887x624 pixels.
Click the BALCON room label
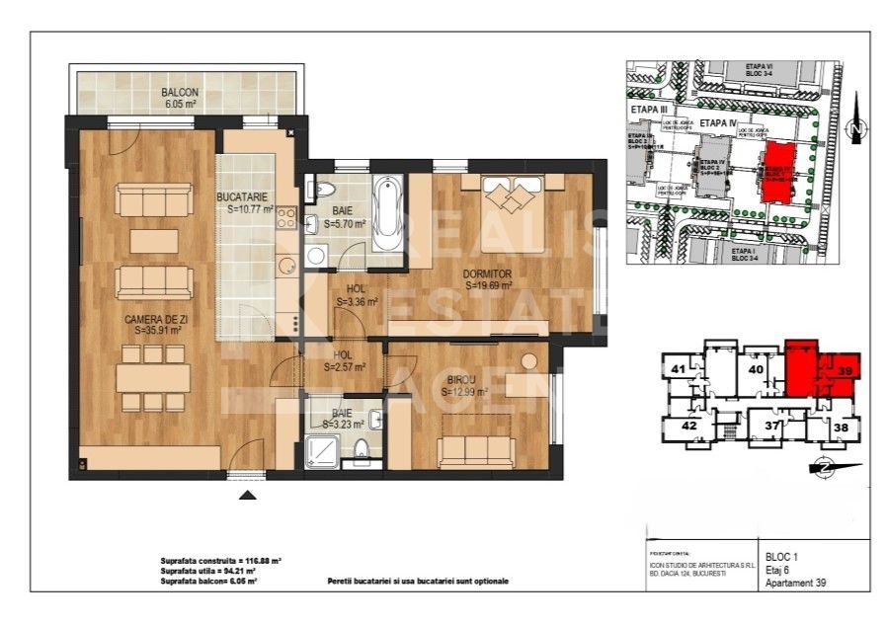pyautogui.click(x=180, y=93)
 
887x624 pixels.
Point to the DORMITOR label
pyautogui.click(x=491, y=273)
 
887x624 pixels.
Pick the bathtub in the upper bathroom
pyautogui.click(x=386, y=212)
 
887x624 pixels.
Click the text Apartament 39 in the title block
pyautogui.click(x=795, y=583)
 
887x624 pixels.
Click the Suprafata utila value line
pyautogui.click(x=208, y=571)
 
